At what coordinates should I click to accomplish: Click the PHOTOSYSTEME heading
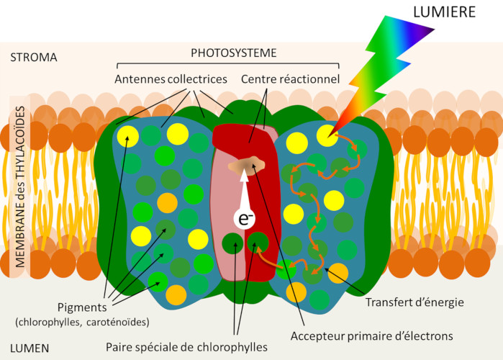[233, 53]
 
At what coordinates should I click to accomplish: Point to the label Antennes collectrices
[171, 78]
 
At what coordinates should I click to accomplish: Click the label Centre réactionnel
[290, 78]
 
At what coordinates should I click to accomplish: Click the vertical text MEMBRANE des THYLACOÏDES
[20, 188]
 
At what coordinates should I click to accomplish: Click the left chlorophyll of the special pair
[232, 244]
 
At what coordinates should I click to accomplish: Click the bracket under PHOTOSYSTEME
[233, 64]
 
